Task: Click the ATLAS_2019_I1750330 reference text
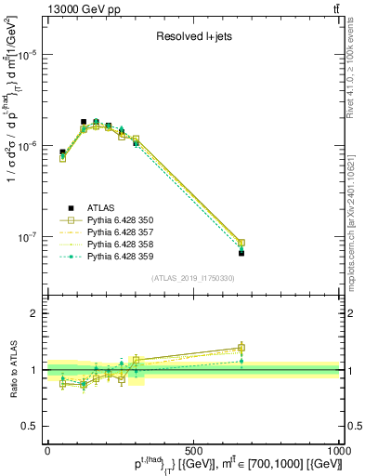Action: pos(193,278)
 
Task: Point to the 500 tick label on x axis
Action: pos(193,451)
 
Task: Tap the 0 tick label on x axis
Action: pos(47,451)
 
